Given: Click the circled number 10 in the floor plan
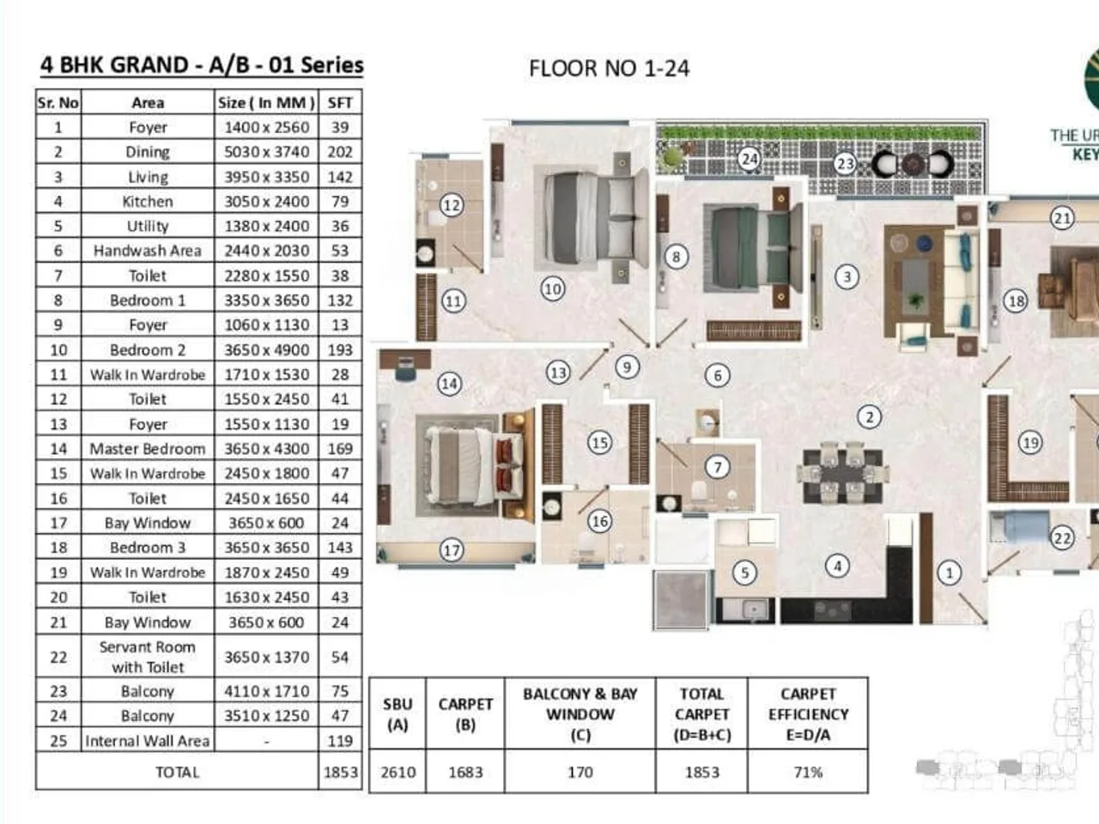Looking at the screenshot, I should tap(552, 288).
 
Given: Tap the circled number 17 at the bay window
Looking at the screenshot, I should tap(452, 550).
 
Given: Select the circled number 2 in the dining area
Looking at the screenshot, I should tap(869, 417).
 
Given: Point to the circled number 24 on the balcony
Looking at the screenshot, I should tap(750, 159).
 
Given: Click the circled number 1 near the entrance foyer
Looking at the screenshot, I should tap(949, 572).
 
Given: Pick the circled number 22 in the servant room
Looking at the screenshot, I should tap(1062, 538).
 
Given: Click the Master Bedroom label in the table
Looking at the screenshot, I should tap(147, 449).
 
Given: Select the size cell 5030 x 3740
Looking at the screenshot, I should tap(266, 152).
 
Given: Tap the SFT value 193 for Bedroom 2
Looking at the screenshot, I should tap(340, 350).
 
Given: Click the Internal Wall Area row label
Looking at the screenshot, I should tap(147, 741).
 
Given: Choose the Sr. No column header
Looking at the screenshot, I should tap(58, 103).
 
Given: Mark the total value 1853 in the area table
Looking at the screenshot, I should tap(340, 772).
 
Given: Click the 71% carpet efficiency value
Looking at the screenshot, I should tap(808, 772).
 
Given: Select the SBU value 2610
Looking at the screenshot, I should tap(398, 772).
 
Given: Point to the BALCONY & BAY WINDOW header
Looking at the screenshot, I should tap(580, 713).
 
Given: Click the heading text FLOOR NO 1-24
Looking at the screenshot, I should tap(609, 69).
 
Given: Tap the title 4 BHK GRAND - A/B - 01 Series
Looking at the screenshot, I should tap(202, 65).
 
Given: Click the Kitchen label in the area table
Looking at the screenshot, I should tap(147, 202).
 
